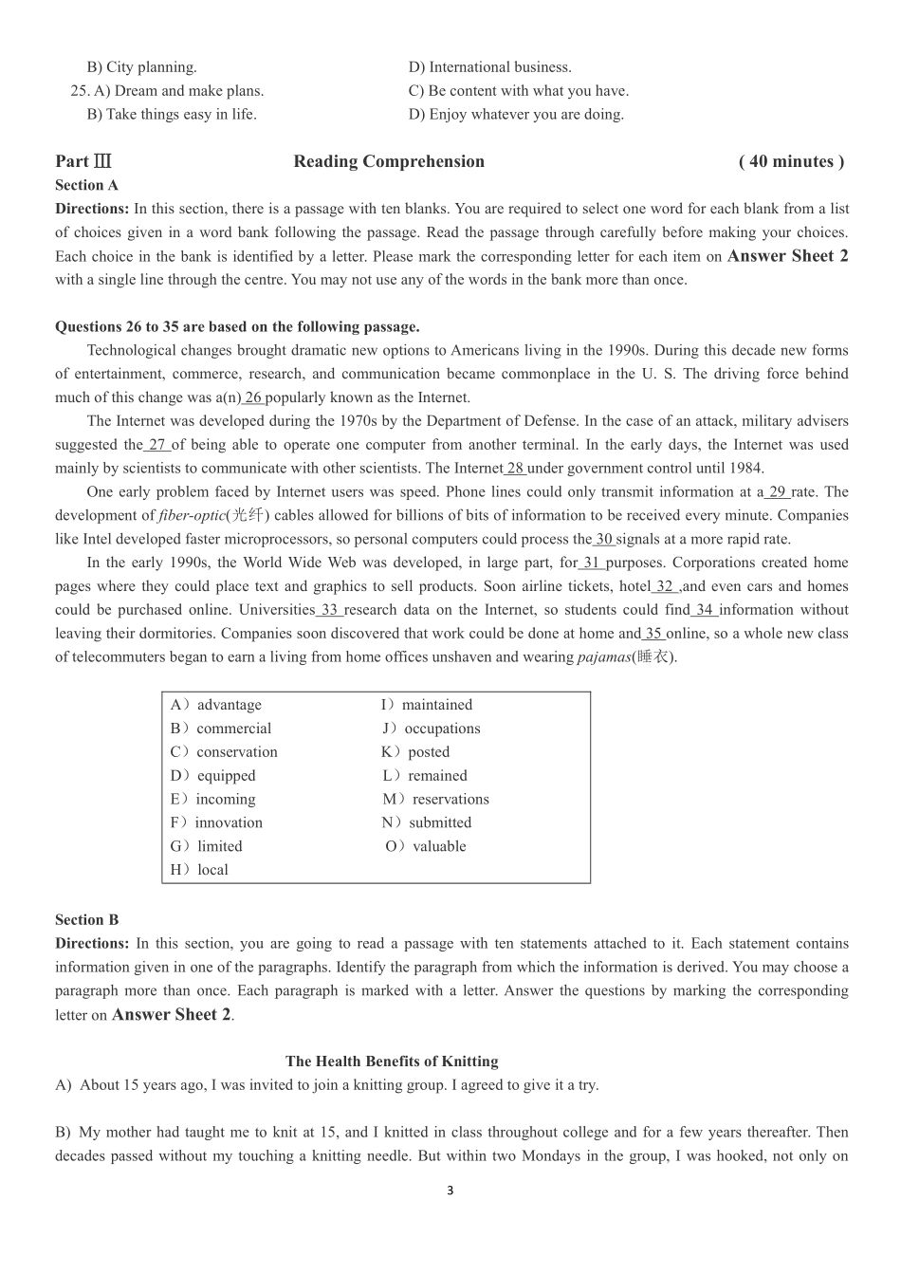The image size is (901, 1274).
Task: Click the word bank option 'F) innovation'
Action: click(216, 822)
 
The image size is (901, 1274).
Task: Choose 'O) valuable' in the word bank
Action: click(426, 846)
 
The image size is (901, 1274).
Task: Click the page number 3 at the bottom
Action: click(450, 1191)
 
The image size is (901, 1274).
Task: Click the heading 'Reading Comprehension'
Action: click(389, 161)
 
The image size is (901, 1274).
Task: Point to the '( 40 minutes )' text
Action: click(791, 161)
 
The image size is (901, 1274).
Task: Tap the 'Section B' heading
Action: click(87, 919)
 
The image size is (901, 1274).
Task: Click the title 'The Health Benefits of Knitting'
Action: click(392, 1062)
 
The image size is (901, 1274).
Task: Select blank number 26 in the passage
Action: click(252, 397)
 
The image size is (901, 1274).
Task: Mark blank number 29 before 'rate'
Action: click(777, 491)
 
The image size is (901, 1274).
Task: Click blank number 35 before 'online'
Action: click(653, 634)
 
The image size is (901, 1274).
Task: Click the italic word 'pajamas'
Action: click(603, 656)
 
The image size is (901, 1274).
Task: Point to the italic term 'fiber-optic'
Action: click(192, 515)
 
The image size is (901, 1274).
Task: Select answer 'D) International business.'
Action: click(490, 66)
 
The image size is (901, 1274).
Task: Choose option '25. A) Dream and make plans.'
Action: click(168, 90)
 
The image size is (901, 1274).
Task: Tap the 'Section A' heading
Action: click(87, 185)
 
